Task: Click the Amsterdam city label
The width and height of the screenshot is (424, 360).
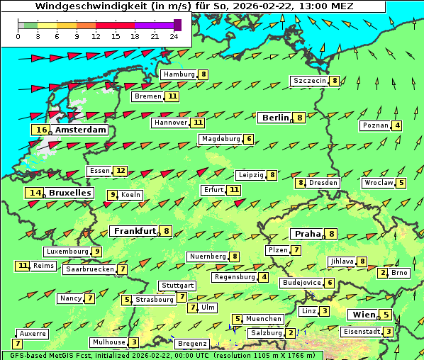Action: [x=80, y=130]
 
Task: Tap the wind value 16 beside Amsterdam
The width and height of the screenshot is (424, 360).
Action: [x=41, y=130]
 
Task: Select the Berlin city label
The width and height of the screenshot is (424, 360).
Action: [x=274, y=118]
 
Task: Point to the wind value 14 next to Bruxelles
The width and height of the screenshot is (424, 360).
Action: [x=35, y=193]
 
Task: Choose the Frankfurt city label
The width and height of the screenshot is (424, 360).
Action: [x=135, y=231]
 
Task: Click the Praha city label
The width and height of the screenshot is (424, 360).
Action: [x=308, y=234]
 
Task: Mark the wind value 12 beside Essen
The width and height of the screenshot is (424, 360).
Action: [x=121, y=171]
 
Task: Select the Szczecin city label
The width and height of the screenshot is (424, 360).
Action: [x=310, y=81]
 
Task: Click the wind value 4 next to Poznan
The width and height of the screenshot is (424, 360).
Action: [x=397, y=126]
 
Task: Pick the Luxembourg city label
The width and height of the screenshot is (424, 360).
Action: [x=67, y=252]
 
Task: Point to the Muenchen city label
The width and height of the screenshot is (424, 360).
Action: [x=264, y=319]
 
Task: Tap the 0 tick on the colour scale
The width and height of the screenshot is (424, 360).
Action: [x=18, y=36]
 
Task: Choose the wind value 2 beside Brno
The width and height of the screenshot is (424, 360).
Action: [x=384, y=273]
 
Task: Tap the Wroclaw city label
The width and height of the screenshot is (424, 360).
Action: [x=378, y=183]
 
